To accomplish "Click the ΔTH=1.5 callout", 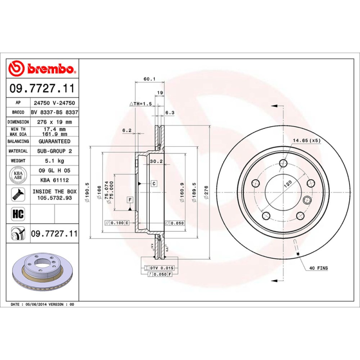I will [x=141, y=103].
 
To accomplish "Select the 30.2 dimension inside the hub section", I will [x=156, y=161].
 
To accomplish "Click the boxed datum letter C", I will [x=154, y=183].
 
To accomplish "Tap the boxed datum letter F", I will [x=130, y=199].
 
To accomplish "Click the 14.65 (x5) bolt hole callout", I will [x=307, y=141].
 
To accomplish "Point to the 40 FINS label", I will [x=318, y=268].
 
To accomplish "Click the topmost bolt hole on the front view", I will [x=283, y=163].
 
